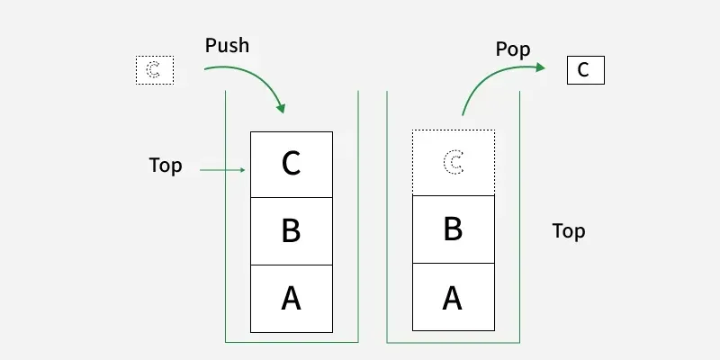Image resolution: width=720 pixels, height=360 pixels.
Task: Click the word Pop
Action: [513, 49]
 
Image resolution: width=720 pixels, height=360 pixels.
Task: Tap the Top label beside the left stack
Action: [166, 166]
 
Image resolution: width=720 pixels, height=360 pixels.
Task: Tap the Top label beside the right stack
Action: [569, 231]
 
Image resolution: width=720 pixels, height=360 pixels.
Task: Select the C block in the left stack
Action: [291, 164]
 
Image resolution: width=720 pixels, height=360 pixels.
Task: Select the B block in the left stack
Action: [291, 231]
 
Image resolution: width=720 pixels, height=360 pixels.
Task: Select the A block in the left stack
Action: [291, 299]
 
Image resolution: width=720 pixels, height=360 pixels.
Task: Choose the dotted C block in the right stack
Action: [454, 163]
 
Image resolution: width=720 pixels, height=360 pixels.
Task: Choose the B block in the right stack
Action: [454, 230]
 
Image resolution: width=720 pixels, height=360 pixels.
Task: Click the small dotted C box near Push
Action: [154, 70]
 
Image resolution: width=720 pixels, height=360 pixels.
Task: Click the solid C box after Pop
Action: [585, 70]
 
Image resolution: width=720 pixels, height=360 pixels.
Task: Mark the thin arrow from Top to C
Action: [221, 169]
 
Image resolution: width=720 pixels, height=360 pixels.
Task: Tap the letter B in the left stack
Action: [291, 231]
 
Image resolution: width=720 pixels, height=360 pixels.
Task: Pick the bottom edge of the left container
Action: [292, 342]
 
